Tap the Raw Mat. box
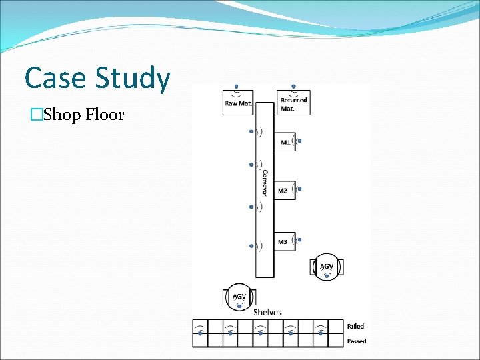coord(237,103)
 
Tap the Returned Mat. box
coord(293,103)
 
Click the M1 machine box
coord(285,141)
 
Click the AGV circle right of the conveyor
coord(327,266)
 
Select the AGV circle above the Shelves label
coord(239,296)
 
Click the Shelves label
coord(267,312)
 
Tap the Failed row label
coord(355,326)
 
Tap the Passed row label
coord(356,341)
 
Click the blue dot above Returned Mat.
coord(293,87)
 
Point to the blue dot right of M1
coord(300,141)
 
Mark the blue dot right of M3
coord(300,239)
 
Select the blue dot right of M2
coord(300,189)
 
